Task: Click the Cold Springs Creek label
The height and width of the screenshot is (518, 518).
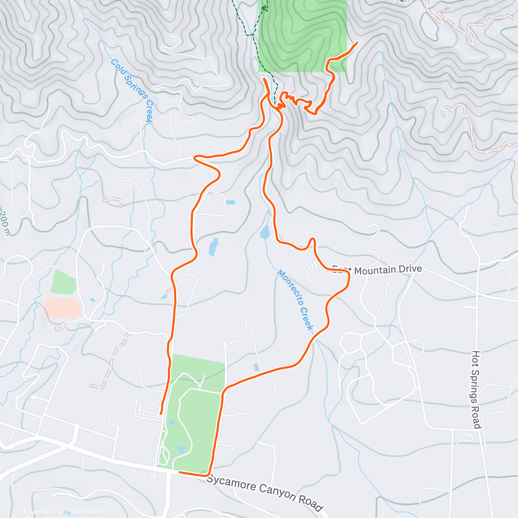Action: tap(132, 91)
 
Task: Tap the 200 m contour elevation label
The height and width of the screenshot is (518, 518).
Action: tap(5, 222)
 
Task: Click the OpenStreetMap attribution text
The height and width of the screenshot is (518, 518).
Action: tap(91, 512)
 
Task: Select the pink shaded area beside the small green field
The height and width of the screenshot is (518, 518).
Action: tap(63, 308)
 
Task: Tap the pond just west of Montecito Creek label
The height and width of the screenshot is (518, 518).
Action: tap(265, 232)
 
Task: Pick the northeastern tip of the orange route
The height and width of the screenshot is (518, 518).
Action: tap(357, 43)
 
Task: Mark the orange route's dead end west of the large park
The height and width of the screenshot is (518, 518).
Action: tap(161, 414)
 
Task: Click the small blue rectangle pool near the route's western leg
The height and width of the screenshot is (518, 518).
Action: tap(231, 202)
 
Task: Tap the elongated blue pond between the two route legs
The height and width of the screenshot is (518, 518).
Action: tap(213, 247)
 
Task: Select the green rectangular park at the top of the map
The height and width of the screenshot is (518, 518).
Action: tap(302, 35)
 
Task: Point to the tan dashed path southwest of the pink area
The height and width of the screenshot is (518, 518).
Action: tap(111, 358)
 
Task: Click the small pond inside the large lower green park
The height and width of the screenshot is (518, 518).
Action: tap(181, 450)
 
